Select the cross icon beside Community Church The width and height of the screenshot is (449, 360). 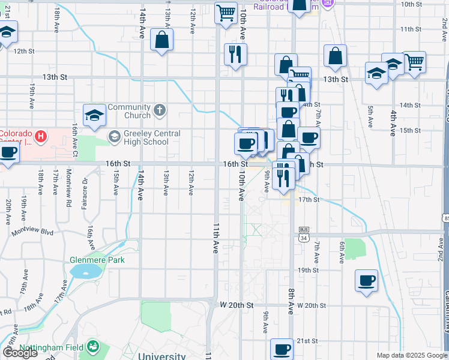pos(159,110)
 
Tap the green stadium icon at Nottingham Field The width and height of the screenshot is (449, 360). pos(92,347)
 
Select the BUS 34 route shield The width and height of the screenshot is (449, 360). pos(303,235)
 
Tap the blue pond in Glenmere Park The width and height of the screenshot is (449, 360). pos(85,271)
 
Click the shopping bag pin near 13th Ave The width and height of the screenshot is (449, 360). pos(162,40)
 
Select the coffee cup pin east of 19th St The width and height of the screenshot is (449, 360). pos(366,280)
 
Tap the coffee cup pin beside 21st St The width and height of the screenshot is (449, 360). pos(282,349)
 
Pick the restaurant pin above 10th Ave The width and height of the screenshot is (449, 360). pos(235,54)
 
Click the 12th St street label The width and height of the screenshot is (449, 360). pos(25,51)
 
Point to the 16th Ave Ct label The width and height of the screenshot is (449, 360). pos(75,137)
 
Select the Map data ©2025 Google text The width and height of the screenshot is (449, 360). pos(411,355)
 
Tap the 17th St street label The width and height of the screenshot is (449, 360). pos(308,199)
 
